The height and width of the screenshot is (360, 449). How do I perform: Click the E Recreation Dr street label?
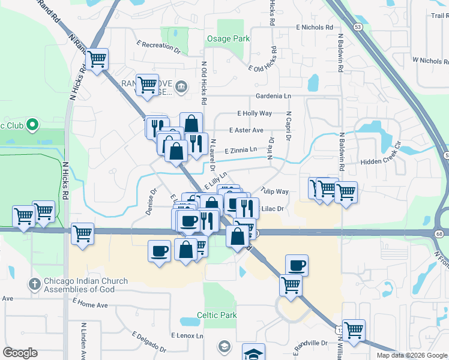pos(158,46)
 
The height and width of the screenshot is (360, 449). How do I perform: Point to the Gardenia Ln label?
pos(273,96)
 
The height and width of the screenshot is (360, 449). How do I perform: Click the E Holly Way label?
pos(255,113)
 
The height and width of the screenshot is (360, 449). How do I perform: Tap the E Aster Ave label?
pos(246,130)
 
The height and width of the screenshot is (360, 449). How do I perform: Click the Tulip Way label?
pos(275,191)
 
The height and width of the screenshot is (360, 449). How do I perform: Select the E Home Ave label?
pos(90,305)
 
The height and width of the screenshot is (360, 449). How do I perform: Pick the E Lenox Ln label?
pos(187,335)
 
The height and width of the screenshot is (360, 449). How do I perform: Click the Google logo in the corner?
pos(20,353)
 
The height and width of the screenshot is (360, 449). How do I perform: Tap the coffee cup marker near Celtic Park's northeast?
pos(297,265)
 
